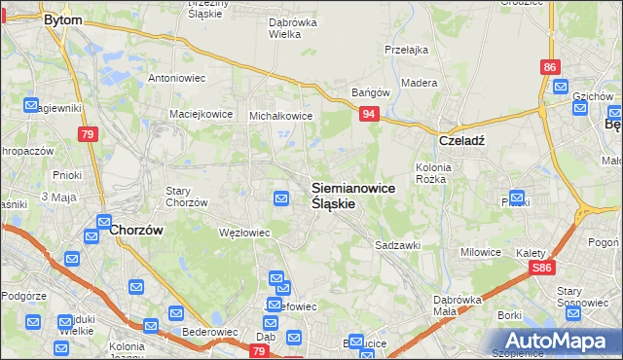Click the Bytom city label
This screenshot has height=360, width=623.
(64, 18)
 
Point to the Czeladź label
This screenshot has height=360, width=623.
(461, 139)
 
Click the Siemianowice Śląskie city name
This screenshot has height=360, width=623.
(352, 196)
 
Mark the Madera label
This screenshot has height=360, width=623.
(419, 83)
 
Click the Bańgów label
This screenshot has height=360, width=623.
(371, 93)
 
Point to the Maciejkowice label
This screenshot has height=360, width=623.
(201, 114)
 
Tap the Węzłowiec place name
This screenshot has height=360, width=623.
(242, 233)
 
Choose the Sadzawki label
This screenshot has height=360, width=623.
(398, 246)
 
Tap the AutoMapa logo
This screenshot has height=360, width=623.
(552, 341)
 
